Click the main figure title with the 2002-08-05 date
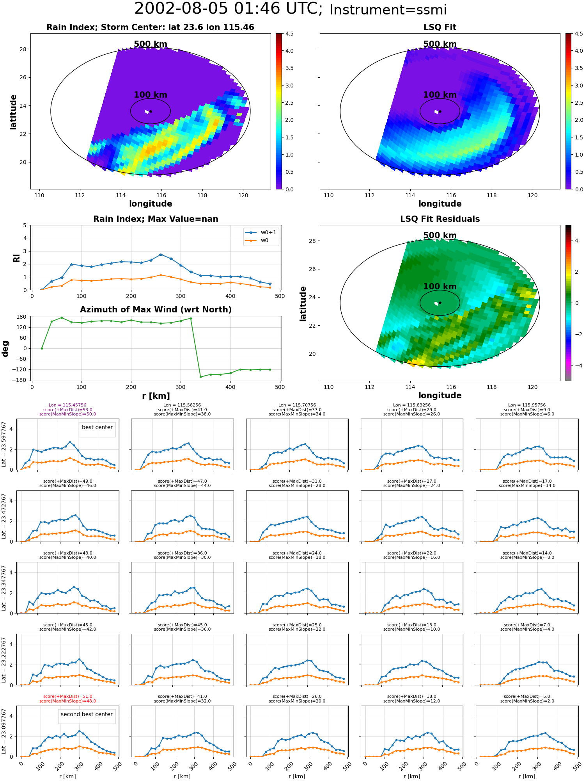tap(291, 9)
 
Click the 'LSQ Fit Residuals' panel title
tap(440, 219)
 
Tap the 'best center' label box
tap(97, 428)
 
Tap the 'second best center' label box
tap(87, 715)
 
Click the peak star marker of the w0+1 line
tap(161, 255)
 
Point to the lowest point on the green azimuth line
tap(200, 377)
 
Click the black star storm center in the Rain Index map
tap(151, 111)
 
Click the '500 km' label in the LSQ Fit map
tap(440, 44)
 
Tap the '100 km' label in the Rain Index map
tap(151, 95)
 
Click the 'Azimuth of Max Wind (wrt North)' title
tap(156, 310)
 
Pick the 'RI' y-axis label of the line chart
tap(17, 258)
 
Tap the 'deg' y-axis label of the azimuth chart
tap(5, 349)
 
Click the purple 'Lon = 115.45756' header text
tap(67, 405)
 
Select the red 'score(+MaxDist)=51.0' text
tap(68, 696)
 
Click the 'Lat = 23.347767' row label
tap(4, 588)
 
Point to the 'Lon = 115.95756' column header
tap(527, 405)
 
